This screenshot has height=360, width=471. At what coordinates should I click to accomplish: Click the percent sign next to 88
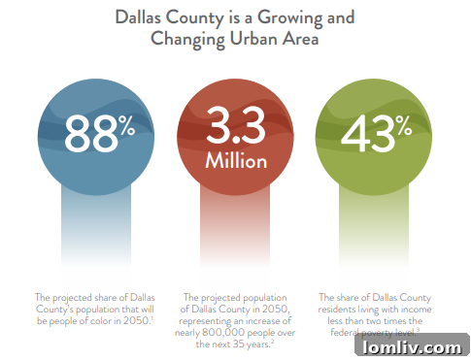128,125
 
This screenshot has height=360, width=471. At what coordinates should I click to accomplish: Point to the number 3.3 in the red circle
236,125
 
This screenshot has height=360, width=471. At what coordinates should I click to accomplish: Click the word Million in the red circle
236,161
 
